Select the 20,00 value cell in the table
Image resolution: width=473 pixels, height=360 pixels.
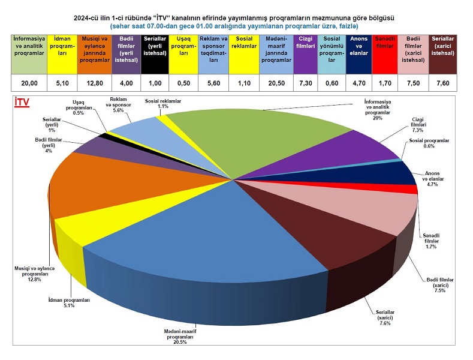29,83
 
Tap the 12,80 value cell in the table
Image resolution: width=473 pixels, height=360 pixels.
95,83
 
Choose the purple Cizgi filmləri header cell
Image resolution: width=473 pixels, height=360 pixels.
305,53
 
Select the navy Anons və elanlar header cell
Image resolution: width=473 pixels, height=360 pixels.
359,53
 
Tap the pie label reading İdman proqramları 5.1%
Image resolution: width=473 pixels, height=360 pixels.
69,302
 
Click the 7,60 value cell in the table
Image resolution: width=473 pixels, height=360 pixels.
444,83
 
